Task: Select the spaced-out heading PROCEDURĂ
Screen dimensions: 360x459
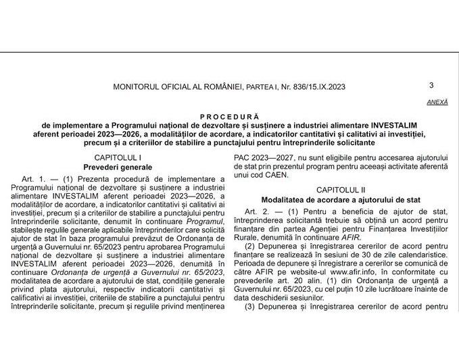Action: point(229,116)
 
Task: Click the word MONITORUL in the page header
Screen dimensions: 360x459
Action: point(139,86)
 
